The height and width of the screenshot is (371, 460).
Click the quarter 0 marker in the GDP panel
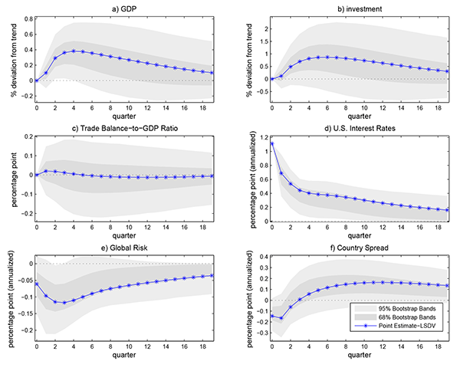(x=36, y=80)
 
